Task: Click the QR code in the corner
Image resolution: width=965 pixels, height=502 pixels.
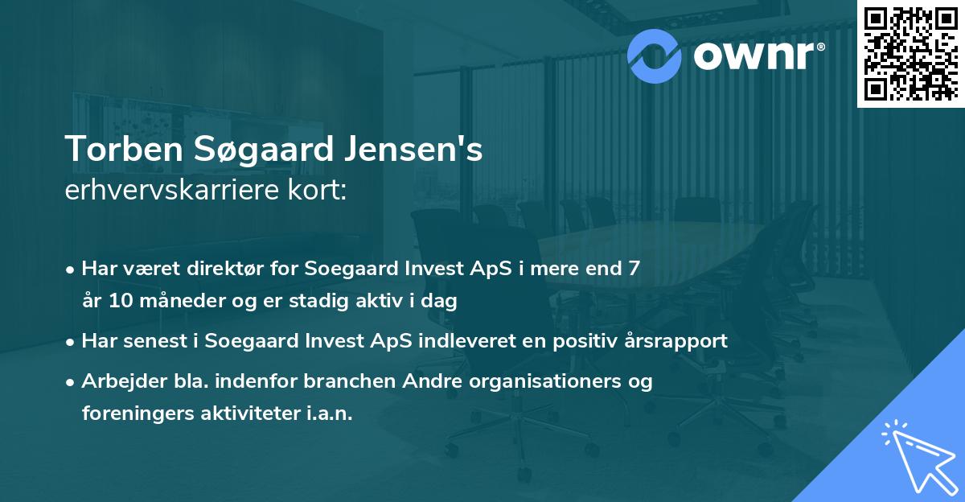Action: tap(910, 54)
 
